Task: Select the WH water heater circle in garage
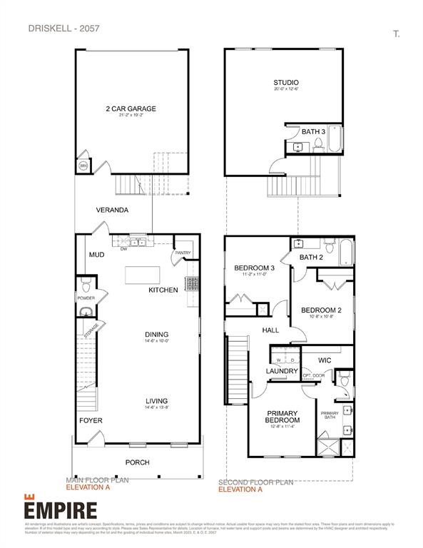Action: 83,166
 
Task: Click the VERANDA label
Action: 113,210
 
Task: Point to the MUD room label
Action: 97,255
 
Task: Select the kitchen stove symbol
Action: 191,283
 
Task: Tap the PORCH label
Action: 137,462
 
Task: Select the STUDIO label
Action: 285,83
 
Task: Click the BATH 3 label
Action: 312,132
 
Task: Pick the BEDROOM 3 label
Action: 255,268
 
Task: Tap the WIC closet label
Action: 325,360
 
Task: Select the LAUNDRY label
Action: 281,371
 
